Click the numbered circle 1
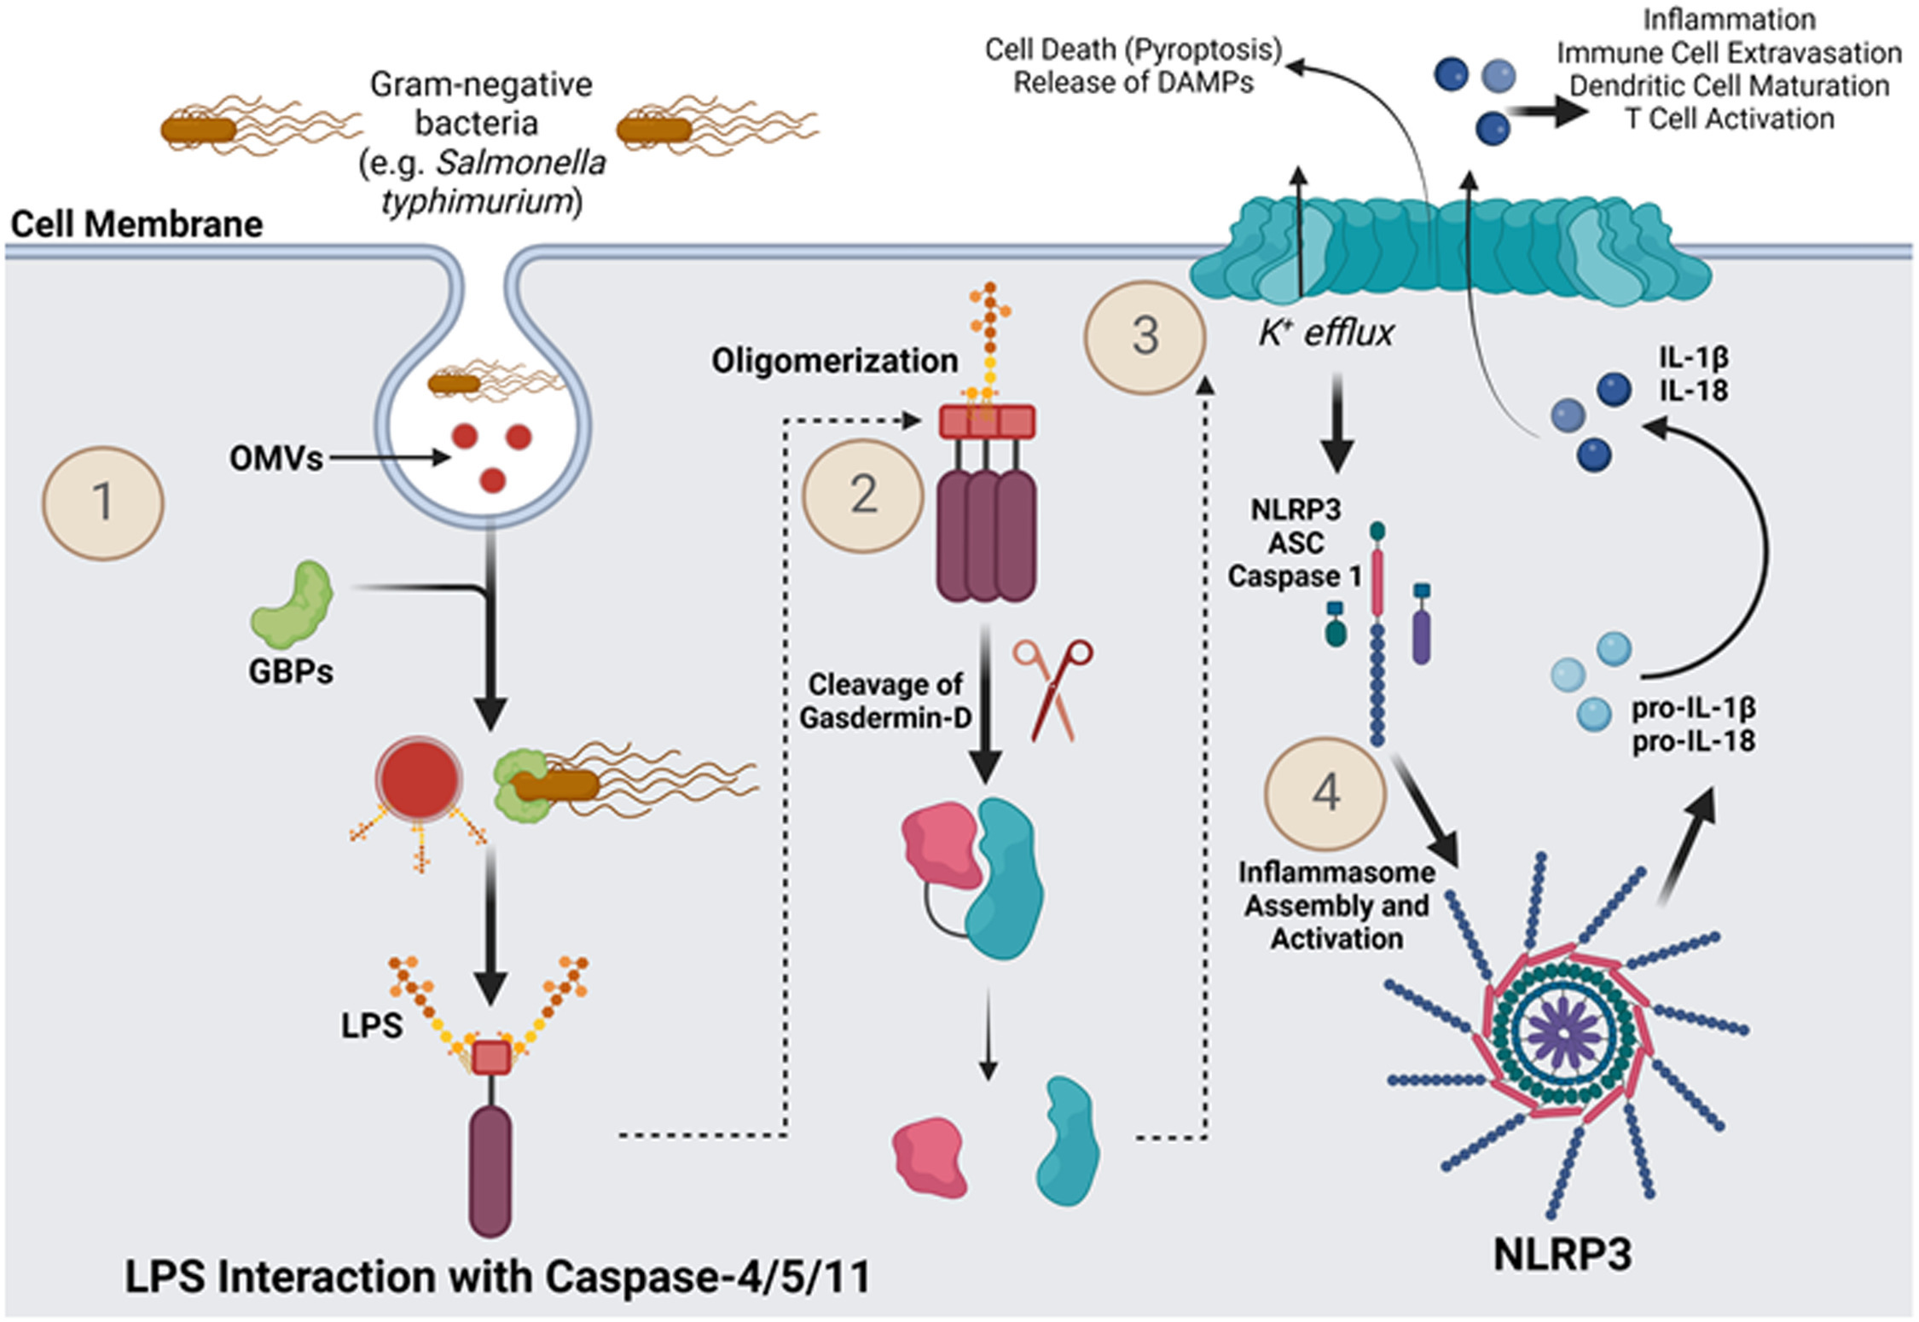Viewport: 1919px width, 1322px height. click(x=103, y=502)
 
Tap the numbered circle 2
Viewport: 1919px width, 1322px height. click(x=863, y=496)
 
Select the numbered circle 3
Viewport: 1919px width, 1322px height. click(x=1145, y=337)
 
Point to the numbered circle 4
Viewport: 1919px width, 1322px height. click(x=1325, y=793)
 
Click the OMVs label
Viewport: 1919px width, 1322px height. click(x=275, y=459)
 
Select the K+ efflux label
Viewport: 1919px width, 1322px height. click(x=1325, y=333)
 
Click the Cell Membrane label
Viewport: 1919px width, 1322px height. click(x=136, y=225)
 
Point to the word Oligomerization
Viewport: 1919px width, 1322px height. click(x=834, y=361)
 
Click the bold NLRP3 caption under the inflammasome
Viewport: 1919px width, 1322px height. click(x=1562, y=1255)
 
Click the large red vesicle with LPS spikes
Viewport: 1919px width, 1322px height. click(x=419, y=780)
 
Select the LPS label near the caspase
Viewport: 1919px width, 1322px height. click(x=372, y=1025)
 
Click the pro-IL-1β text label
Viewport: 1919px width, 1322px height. click(x=1693, y=708)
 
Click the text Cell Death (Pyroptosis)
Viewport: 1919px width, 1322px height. click(x=1133, y=49)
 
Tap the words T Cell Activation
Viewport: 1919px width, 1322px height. click(x=1729, y=119)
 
